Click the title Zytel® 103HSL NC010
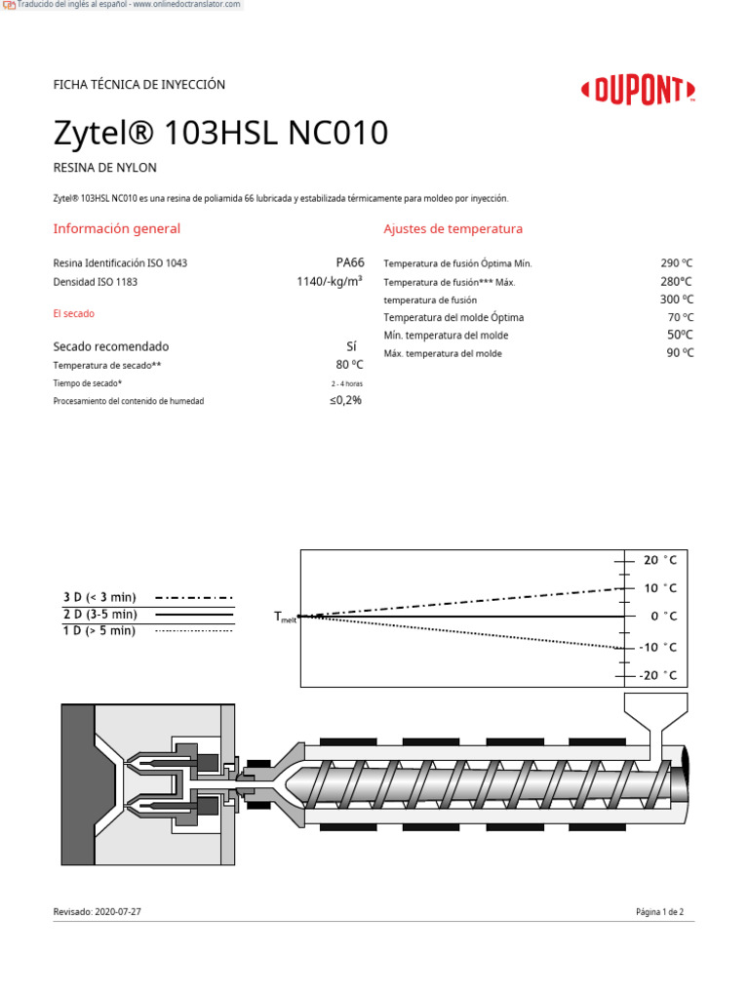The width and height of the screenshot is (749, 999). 220,134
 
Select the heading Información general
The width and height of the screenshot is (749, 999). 116,229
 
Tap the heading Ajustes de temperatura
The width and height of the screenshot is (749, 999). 453,229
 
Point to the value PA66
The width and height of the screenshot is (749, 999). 349,262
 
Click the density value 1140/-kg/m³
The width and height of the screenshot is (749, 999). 329,281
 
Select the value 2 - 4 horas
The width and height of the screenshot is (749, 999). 346,383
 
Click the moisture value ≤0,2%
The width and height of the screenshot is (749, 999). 345,400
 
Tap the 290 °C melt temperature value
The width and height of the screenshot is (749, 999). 676,263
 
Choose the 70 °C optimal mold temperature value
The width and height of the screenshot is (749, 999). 680,317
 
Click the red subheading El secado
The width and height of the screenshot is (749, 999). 73,314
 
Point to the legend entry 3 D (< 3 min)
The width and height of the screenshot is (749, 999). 99,597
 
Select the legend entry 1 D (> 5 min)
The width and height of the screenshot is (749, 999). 99,631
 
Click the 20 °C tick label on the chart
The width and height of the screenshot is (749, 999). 659,560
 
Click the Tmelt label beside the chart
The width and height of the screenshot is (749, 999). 285,618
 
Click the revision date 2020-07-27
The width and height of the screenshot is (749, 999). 125,911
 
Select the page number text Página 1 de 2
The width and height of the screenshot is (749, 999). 659,911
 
